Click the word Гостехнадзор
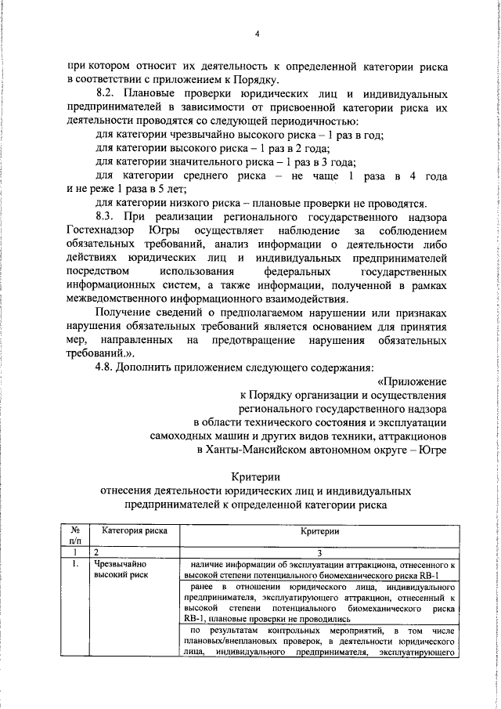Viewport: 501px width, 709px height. tap(103, 231)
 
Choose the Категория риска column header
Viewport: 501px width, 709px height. tap(128, 530)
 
